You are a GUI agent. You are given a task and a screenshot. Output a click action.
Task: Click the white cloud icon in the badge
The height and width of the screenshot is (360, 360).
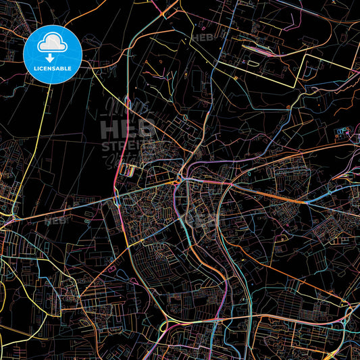click(x=53, y=43)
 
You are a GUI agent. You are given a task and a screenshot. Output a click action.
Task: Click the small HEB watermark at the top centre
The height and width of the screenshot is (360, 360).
click(x=202, y=38)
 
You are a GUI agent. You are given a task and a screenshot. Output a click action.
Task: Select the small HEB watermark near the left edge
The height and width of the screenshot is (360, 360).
click(x=55, y=220)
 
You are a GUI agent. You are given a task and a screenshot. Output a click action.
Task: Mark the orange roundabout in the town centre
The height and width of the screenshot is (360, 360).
click(x=177, y=182)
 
